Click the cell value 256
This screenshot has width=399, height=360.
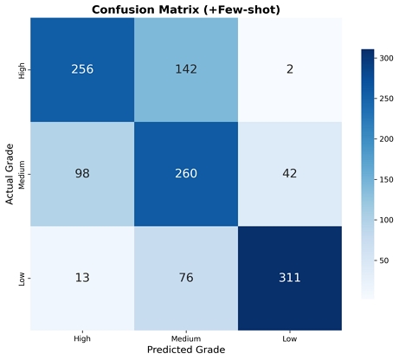click(x=82, y=69)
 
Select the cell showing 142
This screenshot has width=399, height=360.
click(x=186, y=69)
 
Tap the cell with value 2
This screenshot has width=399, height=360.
click(x=290, y=69)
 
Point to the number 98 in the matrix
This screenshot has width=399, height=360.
click(x=82, y=173)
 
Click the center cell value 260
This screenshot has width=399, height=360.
click(x=186, y=173)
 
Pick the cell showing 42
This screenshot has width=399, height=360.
click(x=290, y=173)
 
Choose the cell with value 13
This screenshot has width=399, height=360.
click(x=82, y=278)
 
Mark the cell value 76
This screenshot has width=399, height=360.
click(x=186, y=278)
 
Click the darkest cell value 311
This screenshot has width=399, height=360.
click(x=290, y=278)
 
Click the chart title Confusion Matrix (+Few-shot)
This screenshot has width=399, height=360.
click(x=186, y=10)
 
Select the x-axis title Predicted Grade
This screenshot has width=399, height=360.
click(x=186, y=350)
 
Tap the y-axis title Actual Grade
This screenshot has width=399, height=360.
click(x=10, y=174)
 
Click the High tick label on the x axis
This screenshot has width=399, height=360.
click(x=82, y=338)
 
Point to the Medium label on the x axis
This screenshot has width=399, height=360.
click(x=186, y=338)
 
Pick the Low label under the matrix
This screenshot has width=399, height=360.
click(x=290, y=338)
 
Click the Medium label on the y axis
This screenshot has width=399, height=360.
click(x=22, y=175)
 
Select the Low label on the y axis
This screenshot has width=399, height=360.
click(x=22, y=279)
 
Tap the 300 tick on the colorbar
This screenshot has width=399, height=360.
click(x=387, y=58)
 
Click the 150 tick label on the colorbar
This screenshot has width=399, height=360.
click(x=387, y=179)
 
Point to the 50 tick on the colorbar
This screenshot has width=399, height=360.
click(x=384, y=260)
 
